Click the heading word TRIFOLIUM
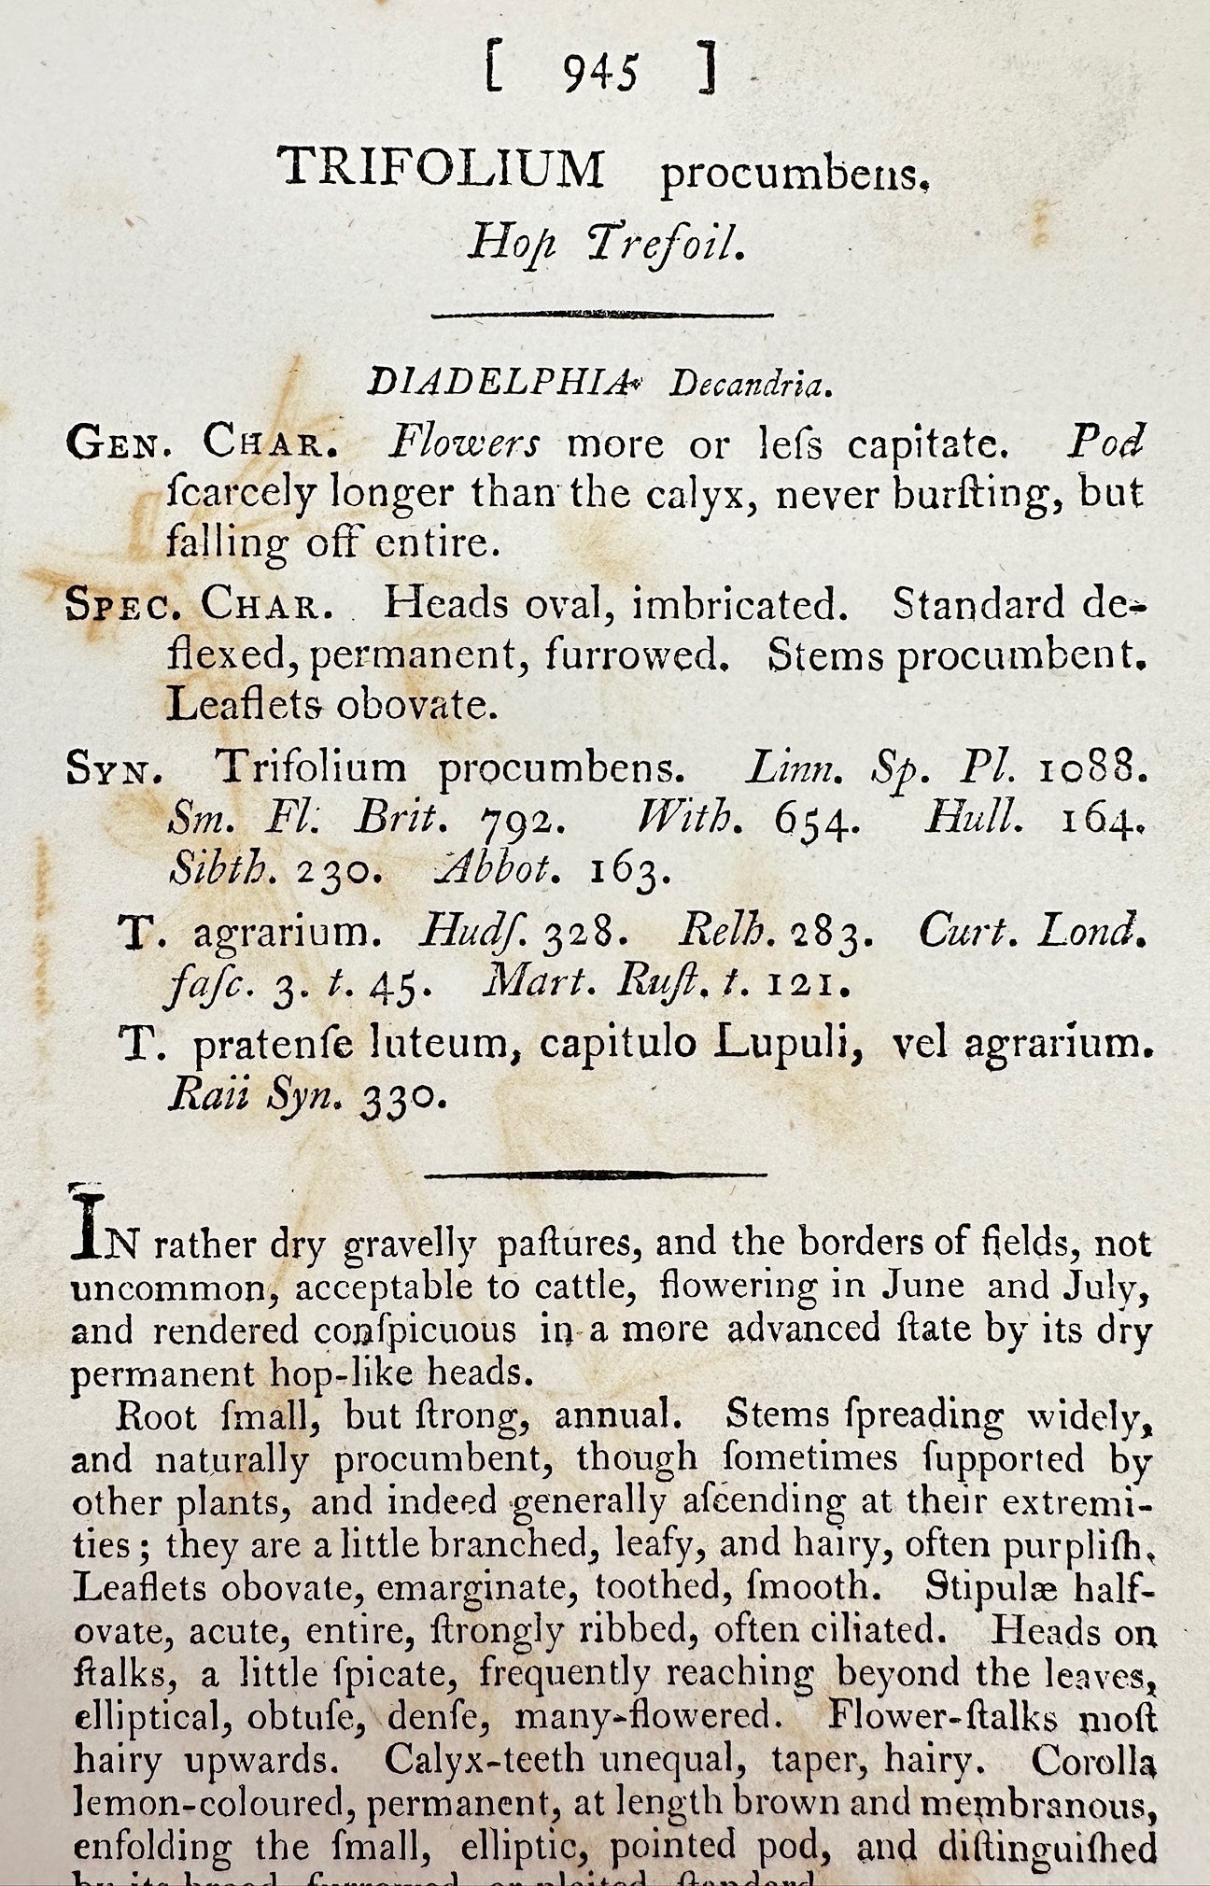(x=442, y=170)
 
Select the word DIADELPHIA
(x=496, y=382)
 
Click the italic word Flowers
(x=464, y=444)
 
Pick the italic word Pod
(x=1105, y=443)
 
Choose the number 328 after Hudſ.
(x=578, y=930)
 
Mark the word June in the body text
(x=922, y=1287)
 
